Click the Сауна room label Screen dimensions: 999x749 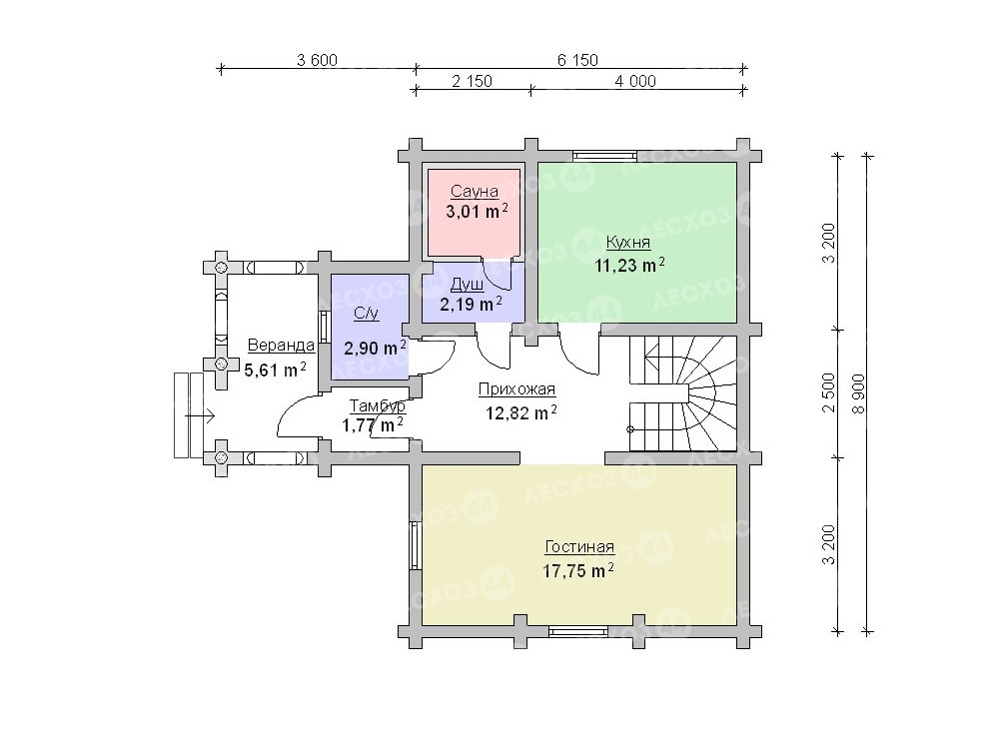[x=475, y=191]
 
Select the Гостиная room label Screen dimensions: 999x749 [x=579, y=547]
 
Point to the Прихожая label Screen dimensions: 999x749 [x=516, y=389]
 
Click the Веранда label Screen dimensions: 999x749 [x=281, y=346]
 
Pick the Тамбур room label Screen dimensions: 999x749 [x=378, y=405]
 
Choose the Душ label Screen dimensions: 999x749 [x=467, y=284]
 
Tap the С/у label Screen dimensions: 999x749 [x=367, y=314]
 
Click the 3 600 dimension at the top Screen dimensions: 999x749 [x=318, y=60]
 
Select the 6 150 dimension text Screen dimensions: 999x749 [x=577, y=60]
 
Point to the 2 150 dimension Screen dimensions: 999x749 [x=473, y=81]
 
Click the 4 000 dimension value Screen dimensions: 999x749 [x=635, y=81]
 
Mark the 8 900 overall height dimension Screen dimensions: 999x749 [x=859, y=393]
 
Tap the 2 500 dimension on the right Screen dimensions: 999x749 [x=828, y=392]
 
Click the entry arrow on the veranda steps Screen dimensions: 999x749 [x=200, y=415]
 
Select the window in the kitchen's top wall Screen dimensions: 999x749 [x=604, y=155]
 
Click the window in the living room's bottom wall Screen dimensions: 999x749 [x=579, y=631]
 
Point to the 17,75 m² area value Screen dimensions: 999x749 [x=578, y=570]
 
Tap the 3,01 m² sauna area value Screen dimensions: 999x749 [x=478, y=211]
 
